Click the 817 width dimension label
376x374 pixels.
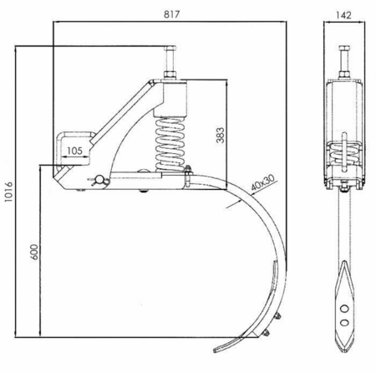[x=171, y=14]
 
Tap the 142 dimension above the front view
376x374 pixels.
[x=343, y=15]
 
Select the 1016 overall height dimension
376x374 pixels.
[x=8, y=192]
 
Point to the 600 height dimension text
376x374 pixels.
[x=33, y=252]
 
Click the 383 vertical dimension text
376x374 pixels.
[x=220, y=136]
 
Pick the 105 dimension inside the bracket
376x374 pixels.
[x=74, y=151]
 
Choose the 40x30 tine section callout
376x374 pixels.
[x=262, y=182]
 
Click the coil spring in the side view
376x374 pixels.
[x=170, y=144]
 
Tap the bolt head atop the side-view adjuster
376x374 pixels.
[x=170, y=47]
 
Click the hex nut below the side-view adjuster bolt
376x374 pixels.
[x=170, y=74]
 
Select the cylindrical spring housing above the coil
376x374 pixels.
[x=170, y=98]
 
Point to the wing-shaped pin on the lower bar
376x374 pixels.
[x=98, y=180]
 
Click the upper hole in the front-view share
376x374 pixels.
[x=344, y=309]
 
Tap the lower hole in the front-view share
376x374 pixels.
[x=344, y=322]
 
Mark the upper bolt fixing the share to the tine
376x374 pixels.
[x=277, y=315]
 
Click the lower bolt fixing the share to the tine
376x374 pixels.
[x=266, y=332]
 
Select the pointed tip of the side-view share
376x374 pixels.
[x=215, y=350]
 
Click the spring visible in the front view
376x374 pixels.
[x=344, y=154]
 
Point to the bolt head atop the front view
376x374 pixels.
[x=344, y=47]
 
